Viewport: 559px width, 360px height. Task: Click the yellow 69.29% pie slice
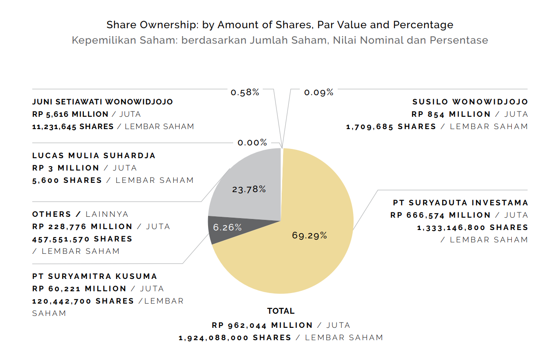pyautogui.click(x=309, y=247)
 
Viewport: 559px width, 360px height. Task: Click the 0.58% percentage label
pyautogui.click(x=245, y=93)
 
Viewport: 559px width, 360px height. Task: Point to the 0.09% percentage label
pyautogui.click(x=319, y=93)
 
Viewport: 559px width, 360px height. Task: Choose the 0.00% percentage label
pyautogui.click(x=252, y=143)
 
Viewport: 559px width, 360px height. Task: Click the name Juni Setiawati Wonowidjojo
pyautogui.click(x=102, y=102)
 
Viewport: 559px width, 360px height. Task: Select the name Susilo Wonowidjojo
pyautogui.click(x=470, y=102)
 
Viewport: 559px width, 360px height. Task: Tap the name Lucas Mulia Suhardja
pyautogui.click(x=94, y=156)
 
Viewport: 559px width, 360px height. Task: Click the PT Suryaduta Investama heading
pyautogui.click(x=460, y=203)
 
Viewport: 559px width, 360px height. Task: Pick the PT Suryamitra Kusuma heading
pyautogui.click(x=95, y=276)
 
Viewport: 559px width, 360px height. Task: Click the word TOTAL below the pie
pyautogui.click(x=281, y=311)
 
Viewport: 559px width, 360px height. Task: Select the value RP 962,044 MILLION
pyautogui.click(x=262, y=325)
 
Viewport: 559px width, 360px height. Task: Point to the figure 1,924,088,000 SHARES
pyautogui.click(x=235, y=338)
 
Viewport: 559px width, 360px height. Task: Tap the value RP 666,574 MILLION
pyautogui.click(x=440, y=215)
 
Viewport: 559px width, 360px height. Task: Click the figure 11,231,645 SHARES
pyautogui.click(x=73, y=126)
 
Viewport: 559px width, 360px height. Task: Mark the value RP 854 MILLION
pyautogui.click(x=451, y=114)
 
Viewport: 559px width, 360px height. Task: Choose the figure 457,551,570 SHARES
pyautogui.click(x=82, y=239)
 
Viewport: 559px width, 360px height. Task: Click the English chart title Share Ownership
pyautogui.click(x=279, y=25)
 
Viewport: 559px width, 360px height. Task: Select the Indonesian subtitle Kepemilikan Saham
pyautogui.click(x=279, y=40)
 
